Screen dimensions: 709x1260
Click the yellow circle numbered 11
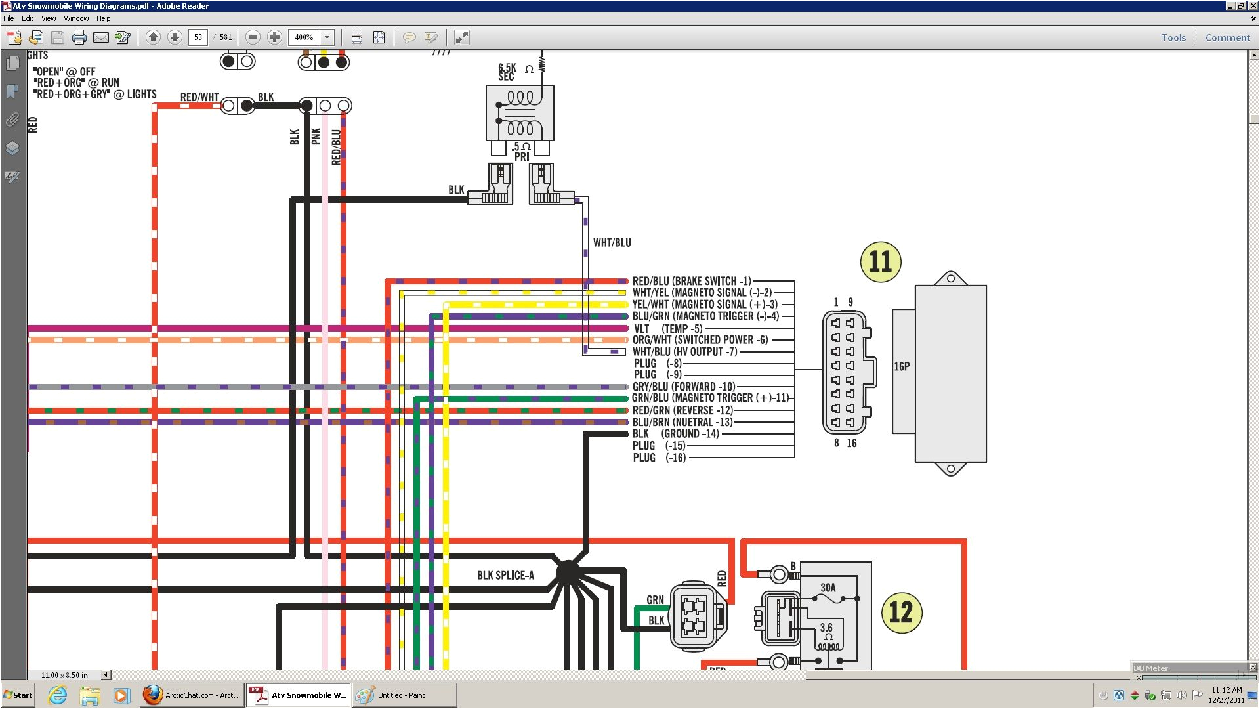(x=880, y=261)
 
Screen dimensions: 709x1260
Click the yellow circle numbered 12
(x=901, y=612)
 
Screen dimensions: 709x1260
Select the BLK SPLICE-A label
(x=505, y=575)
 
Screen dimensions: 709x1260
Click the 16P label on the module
(x=902, y=366)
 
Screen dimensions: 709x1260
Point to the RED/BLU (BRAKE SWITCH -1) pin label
(x=692, y=281)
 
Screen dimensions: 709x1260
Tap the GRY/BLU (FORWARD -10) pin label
(x=683, y=387)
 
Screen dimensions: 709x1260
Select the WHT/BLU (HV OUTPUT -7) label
(x=684, y=351)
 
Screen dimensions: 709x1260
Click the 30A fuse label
(x=828, y=588)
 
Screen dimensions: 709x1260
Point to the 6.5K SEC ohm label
(x=508, y=72)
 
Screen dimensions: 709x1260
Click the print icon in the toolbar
(x=79, y=37)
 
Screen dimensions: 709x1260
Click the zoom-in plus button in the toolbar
(x=275, y=37)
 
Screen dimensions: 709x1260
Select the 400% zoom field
(x=304, y=37)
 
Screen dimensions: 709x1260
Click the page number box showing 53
(x=198, y=37)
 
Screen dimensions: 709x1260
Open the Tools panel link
(x=1173, y=37)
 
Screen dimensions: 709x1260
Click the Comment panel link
(x=1227, y=37)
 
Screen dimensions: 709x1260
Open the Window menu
(x=76, y=18)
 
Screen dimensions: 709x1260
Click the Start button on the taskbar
(x=18, y=695)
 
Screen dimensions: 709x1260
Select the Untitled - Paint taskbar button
(x=404, y=695)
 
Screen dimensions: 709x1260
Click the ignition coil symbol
(x=520, y=112)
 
